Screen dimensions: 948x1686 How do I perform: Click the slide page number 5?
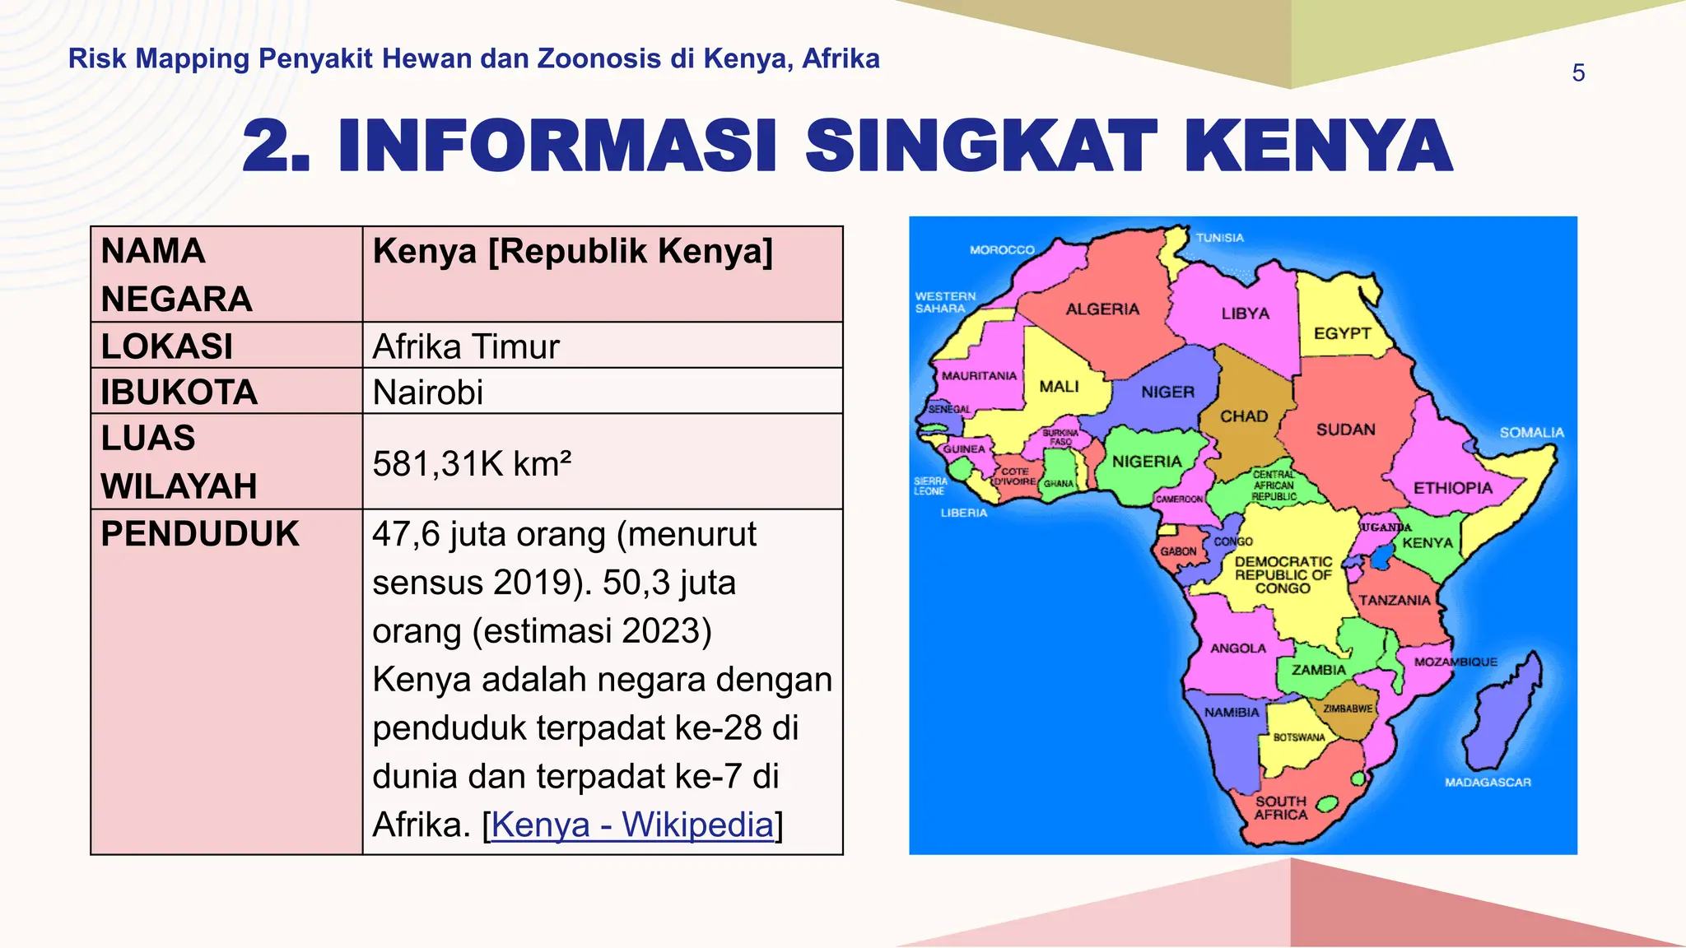pos(1577,73)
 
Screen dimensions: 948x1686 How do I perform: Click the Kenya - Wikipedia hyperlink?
pos(632,825)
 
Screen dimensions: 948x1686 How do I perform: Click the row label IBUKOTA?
pos(179,393)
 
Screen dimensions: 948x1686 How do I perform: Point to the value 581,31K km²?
pos(472,464)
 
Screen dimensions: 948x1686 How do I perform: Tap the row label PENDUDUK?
pos(200,535)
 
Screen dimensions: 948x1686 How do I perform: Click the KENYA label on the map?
pos(1428,543)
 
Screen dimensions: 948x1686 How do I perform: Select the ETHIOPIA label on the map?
pos(1452,488)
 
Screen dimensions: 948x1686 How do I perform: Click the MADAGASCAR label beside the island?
pos(1488,783)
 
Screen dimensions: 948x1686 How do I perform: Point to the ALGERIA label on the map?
pos(1102,309)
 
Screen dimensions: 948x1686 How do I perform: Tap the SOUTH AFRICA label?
pos(1280,808)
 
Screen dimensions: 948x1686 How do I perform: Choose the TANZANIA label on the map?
pos(1394,601)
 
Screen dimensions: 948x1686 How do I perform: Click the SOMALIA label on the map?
pos(1531,433)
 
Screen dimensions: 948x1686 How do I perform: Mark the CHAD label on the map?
pos(1243,416)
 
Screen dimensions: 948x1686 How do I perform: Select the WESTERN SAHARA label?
pos(944,302)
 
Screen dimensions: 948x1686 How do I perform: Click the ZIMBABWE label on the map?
pos(1348,709)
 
